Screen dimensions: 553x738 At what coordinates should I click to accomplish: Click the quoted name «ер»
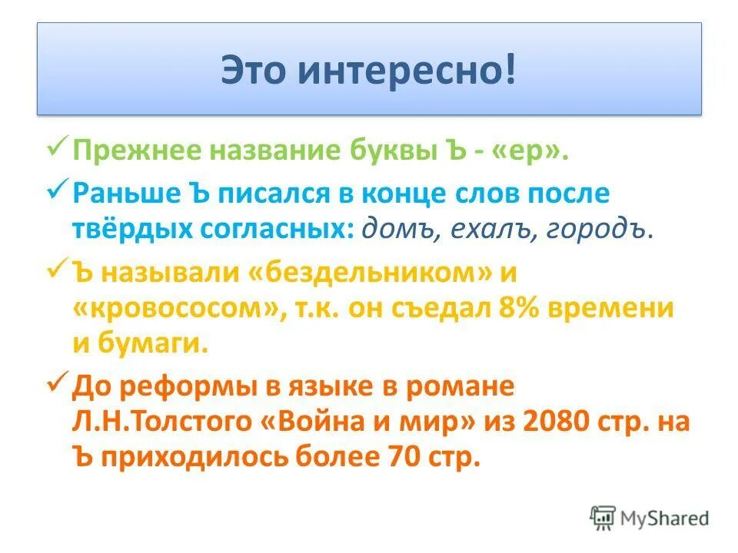(535, 150)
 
